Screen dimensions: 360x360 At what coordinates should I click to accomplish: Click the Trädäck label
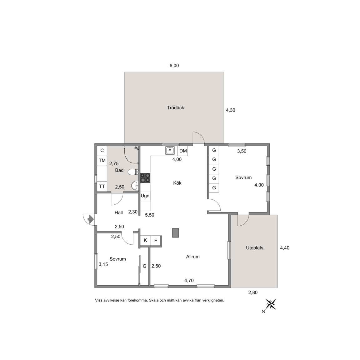[x=175, y=108]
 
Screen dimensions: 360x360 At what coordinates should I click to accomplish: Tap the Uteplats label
[x=255, y=248]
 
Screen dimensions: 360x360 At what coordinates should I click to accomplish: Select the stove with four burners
[x=145, y=178]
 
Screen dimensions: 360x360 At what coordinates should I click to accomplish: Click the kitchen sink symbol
[x=170, y=151]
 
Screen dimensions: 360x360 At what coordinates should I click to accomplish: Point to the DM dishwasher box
[x=183, y=151]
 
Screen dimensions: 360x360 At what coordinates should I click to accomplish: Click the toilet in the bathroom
[x=133, y=172]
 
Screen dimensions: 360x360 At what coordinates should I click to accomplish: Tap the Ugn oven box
[x=145, y=196]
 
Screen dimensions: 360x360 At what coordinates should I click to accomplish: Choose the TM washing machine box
[x=102, y=161]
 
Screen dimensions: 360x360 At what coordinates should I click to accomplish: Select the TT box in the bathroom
[x=102, y=187]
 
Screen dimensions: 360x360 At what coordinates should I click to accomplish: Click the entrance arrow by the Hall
[x=90, y=219]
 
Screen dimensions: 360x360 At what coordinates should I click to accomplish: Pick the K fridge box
[x=145, y=240]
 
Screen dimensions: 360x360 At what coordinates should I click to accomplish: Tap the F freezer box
[x=155, y=240]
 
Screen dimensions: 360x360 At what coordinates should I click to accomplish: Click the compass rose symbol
[x=271, y=304]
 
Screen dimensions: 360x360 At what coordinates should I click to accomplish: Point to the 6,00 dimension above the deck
[x=174, y=66]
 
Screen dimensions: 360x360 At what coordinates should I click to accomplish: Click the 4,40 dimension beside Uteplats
[x=285, y=248]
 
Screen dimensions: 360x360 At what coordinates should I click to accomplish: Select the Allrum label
[x=193, y=257]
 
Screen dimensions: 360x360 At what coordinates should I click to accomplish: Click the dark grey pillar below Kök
[x=176, y=233]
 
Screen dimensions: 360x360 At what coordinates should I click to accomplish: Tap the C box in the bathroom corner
[x=102, y=151]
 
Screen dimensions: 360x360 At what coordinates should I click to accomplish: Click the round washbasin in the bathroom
[x=135, y=186]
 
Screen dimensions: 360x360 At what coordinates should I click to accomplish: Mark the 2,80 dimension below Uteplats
[x=253, y=292]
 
